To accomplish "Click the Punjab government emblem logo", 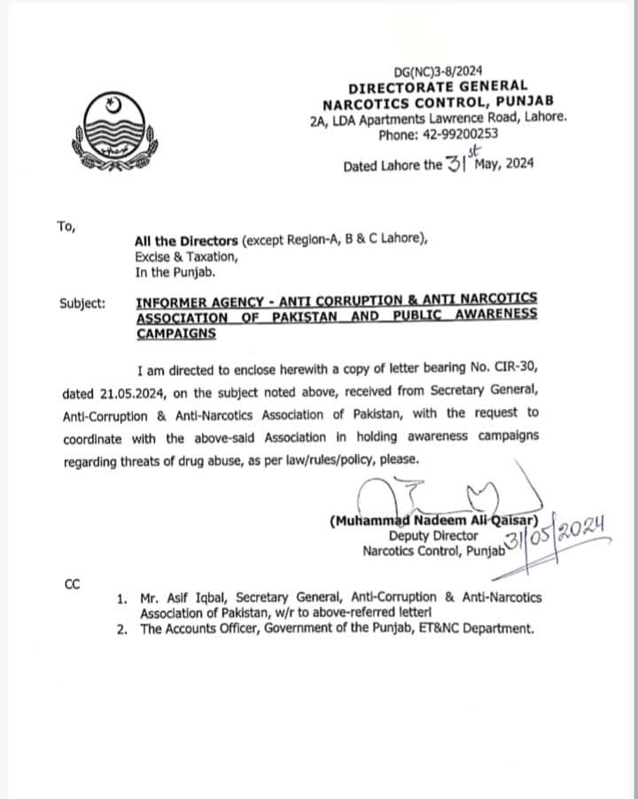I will [113, 129].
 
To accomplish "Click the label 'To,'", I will [66, 226].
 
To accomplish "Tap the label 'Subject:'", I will [82, 302].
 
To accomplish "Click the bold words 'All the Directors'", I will [186, 240].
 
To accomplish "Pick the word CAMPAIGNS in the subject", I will [176, 333].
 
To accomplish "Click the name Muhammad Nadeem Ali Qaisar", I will [433, 521].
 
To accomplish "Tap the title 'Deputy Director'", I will [433, 536].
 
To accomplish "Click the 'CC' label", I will [73, 584].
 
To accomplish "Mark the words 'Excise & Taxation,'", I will [186, 256].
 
